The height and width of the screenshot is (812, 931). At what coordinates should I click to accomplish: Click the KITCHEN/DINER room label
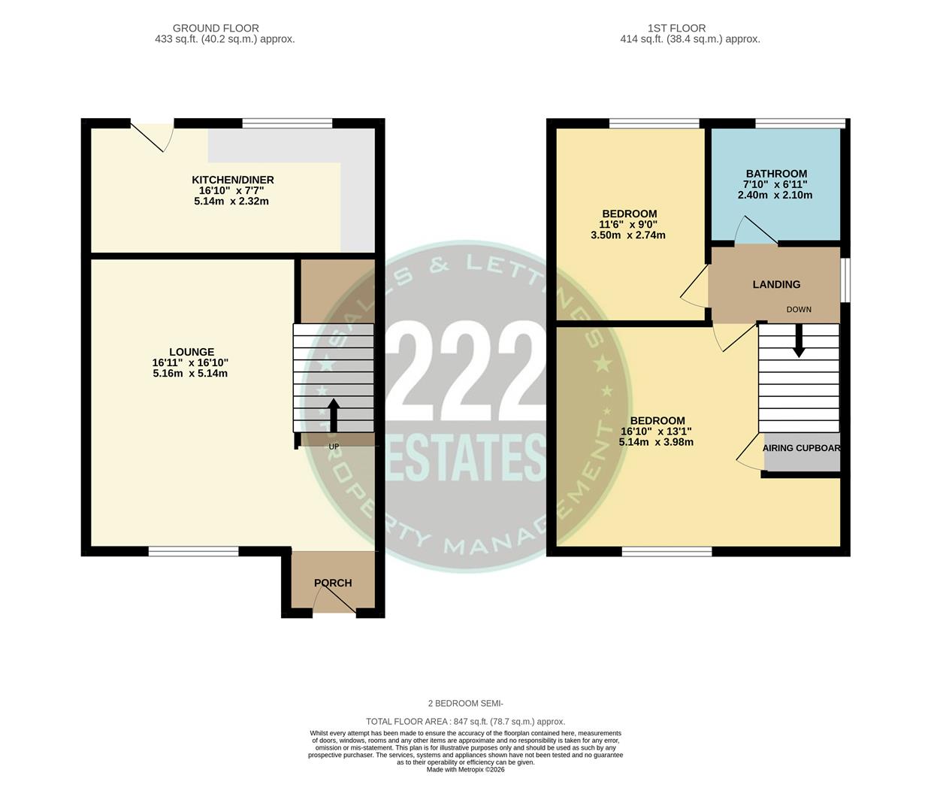click(232, 180)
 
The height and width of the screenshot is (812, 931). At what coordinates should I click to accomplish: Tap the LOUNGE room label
click(192, 352)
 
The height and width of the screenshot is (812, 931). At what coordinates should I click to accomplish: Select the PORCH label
click(333, 583)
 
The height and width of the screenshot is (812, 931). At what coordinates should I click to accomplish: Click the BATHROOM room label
click(776, 174)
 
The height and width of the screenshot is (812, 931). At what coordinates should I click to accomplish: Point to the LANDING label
click(776, 284)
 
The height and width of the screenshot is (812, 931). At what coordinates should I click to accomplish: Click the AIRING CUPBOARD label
click(801, 448)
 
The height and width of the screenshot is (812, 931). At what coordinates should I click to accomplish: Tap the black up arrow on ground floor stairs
click(334, 414)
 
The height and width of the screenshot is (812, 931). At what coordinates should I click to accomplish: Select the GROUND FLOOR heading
click(216, 29)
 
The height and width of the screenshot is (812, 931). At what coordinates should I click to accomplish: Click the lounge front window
click(193, 551)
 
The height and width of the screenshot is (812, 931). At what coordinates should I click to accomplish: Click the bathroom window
click(800, 123)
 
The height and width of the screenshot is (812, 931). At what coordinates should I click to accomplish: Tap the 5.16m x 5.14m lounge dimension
click(189, 374)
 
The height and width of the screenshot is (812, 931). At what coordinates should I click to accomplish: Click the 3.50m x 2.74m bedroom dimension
click(627, 235)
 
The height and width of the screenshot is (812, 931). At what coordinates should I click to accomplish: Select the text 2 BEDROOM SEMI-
click(465, 704)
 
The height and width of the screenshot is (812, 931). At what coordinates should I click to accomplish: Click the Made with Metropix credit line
click(465, 769)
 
